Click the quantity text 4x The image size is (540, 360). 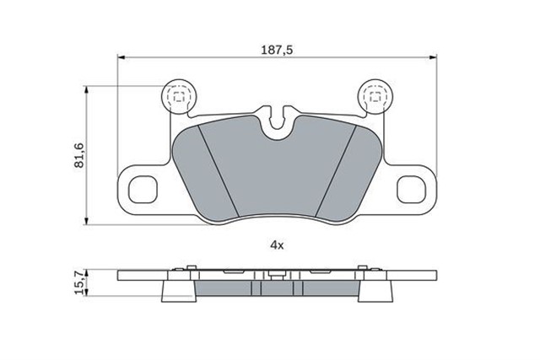[276, 244]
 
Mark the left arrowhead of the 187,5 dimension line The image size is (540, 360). [121, 58]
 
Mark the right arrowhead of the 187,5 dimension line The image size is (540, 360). [433, 58]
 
